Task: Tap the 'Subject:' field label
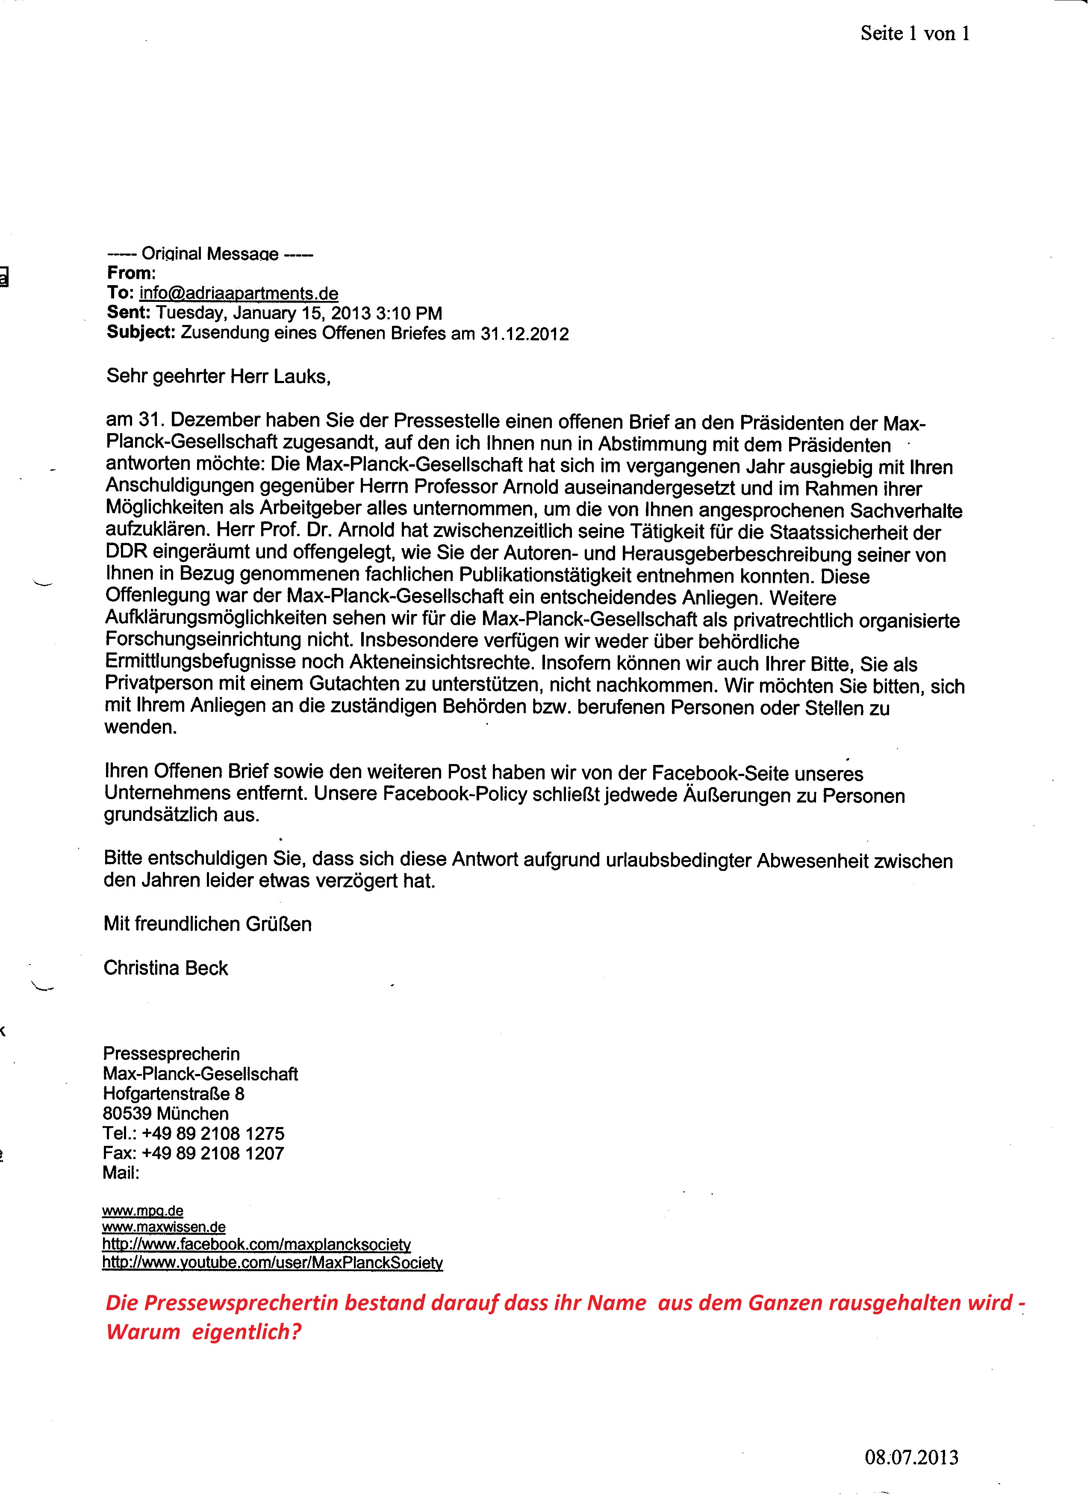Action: click(141, 333)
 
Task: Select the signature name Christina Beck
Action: click(166, 968)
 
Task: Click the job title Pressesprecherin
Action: click(171, 1054)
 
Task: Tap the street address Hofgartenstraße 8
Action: click(174, 1094)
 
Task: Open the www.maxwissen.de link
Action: click(164, 1228)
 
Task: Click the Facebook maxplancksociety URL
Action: click(256, 1245)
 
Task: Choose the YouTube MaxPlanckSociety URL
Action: click(272, 1263)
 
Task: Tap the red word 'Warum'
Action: click(143, 1332)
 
